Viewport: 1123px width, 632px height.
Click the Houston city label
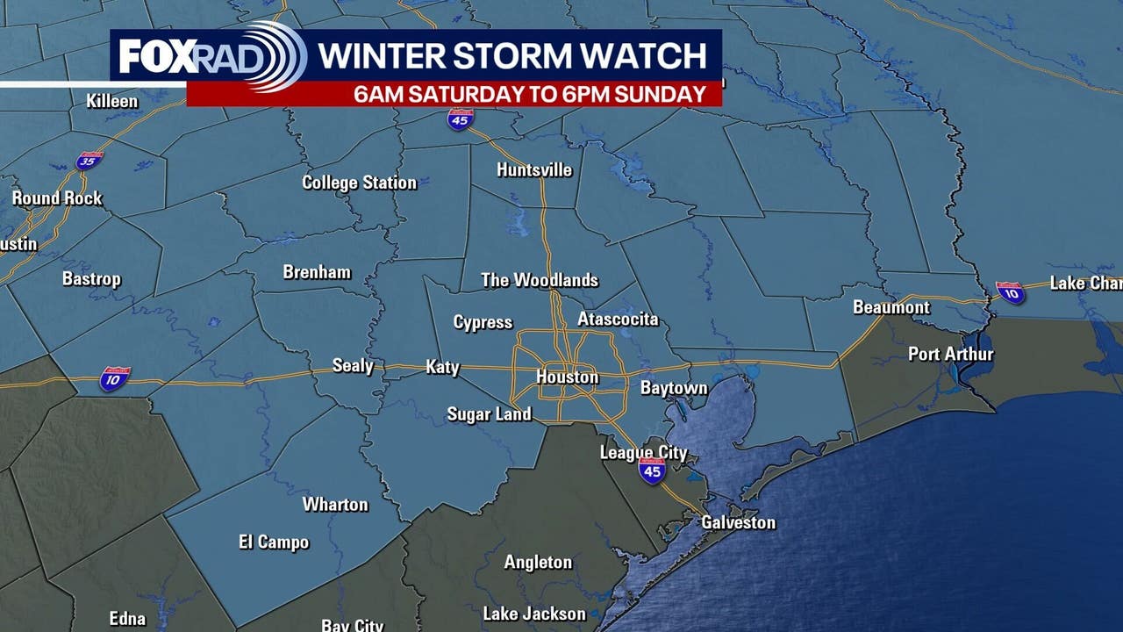568,377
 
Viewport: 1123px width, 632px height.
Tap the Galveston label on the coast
738,522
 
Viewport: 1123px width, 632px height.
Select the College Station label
359,183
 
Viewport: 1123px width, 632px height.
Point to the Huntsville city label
534,169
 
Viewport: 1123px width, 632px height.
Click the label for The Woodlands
540,280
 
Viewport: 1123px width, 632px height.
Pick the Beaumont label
891,307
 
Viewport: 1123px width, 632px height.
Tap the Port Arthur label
951,354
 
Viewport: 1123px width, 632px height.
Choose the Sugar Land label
489,413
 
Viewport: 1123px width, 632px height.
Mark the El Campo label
274,542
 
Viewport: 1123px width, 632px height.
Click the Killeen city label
112,101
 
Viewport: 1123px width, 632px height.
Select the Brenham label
317,272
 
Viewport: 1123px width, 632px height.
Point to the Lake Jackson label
533,614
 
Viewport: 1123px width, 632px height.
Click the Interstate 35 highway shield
89,160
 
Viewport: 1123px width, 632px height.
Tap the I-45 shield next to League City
651,471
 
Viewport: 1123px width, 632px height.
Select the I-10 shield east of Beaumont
1010,292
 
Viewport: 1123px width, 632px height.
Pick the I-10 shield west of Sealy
115,378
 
